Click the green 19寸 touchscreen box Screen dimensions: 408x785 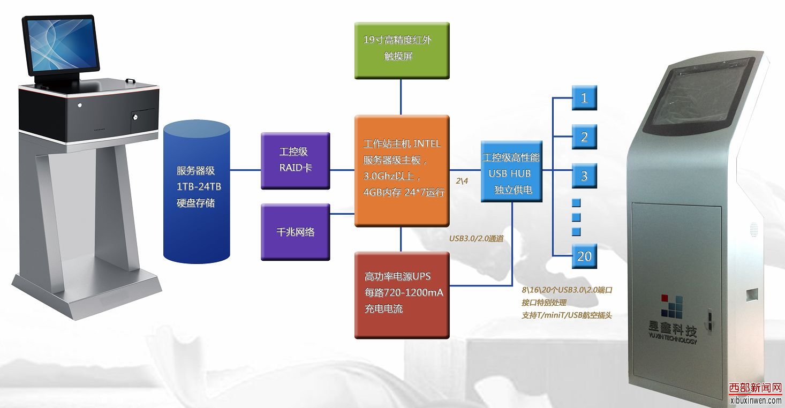[x=402, y=50]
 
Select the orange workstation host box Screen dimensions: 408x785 [x=402, y=170]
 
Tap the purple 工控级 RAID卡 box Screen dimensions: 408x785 [x=295, y=160]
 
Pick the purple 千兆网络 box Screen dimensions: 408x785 [x=295, y=232]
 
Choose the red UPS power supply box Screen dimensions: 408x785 [x=402, y=295]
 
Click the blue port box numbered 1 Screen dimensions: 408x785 [x=584, y=98]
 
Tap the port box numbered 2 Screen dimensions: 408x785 [x=584, y=137]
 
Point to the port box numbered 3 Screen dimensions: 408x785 [x=584, y=176]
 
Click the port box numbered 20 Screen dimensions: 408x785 [x=584, y=256]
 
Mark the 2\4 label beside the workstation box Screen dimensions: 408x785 [x=462, y=181]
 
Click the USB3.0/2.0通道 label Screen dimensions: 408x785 [x=477, y=239]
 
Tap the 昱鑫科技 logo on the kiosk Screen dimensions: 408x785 [x=678, y=316]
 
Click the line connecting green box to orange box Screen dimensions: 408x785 [x=401, y=97]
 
